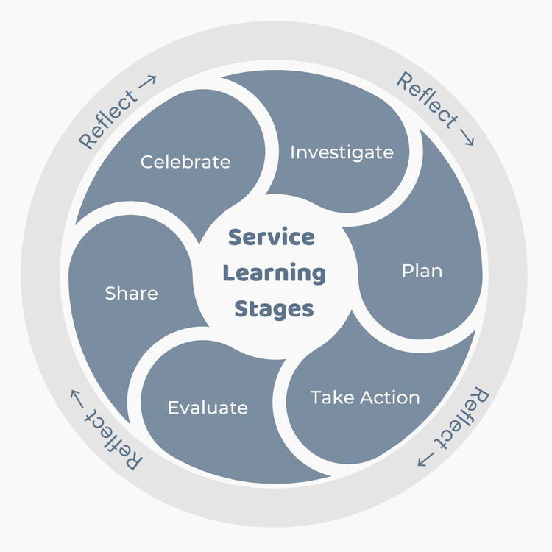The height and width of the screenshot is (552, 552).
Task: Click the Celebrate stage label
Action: (x=185, y=161)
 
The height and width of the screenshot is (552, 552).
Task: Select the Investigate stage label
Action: (x=342, y=152)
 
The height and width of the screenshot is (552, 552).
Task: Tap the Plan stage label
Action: (x=422, y=271)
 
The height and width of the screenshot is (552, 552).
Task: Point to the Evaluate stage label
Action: (x=208, y=408)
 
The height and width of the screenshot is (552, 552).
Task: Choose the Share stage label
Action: (x=131, y=293)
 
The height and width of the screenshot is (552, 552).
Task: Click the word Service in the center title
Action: (x=271, y=238)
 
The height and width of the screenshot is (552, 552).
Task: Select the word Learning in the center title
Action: (x=274, y=273)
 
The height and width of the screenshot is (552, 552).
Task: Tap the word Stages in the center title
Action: (x=274, y=309)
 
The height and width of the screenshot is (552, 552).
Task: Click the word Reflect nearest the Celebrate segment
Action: (x=107, y=118)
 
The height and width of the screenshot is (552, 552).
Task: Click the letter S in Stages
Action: (x=241, y=310)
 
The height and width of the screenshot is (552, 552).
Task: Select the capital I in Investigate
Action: (x=293, y=152)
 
